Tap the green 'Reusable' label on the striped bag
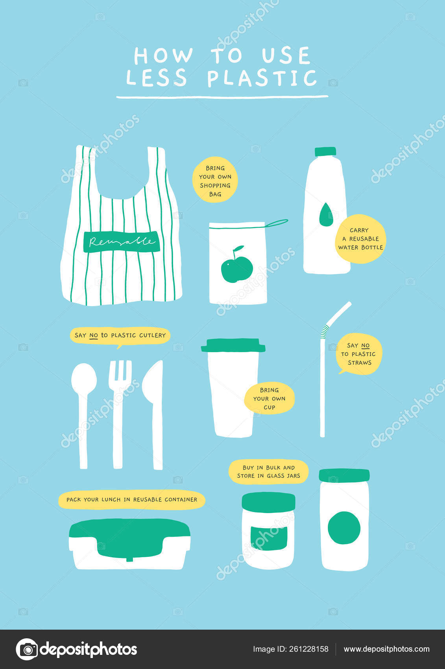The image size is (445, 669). pyautogui.click(x=122, y=242)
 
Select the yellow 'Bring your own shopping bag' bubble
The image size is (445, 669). pyautogui.click(x=215, y=180)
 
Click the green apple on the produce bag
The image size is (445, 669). pyautogui.click(x=237, y=265)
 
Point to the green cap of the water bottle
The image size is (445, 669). pyautogui.click(x=325, y=152)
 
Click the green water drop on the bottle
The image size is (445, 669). pyautogui.click(x=326, y=214)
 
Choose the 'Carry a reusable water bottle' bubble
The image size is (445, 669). pyautogui.click(x=360, y=239)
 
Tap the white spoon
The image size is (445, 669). pyautogui.click(x=84, y=416)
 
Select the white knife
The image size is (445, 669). pyautogui.click(x=154, y=415)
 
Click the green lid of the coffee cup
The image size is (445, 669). pyautogui.click(x=233, y=345)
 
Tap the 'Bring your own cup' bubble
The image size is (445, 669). pyautogui.click(x=270, y=398)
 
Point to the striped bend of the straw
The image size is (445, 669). pyautogui.click(x=324, y=332)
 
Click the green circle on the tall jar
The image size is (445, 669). pyautogui.click(x=344, y=528)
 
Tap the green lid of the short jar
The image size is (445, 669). pyautogui.click(x=268, y=502)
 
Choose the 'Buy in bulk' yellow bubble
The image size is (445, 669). pyautogui.click(x=268, y=471)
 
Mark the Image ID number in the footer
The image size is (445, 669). pyautogui.click(x=308, y=649)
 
